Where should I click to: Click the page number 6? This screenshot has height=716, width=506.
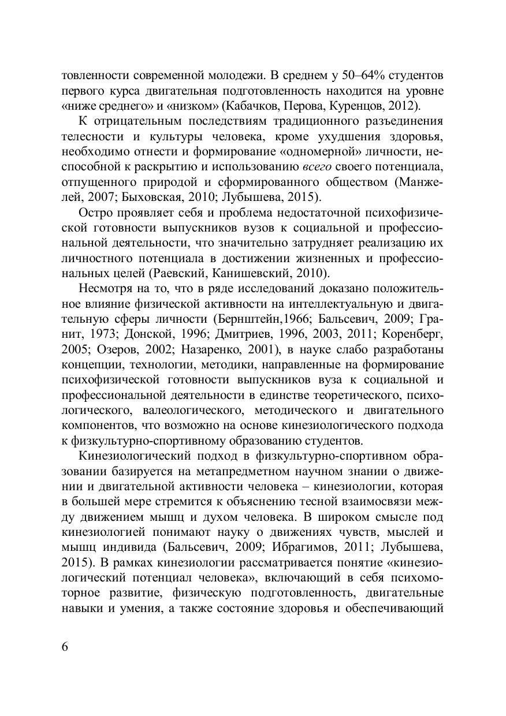point(65,646)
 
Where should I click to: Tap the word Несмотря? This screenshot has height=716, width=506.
point(104,288)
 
